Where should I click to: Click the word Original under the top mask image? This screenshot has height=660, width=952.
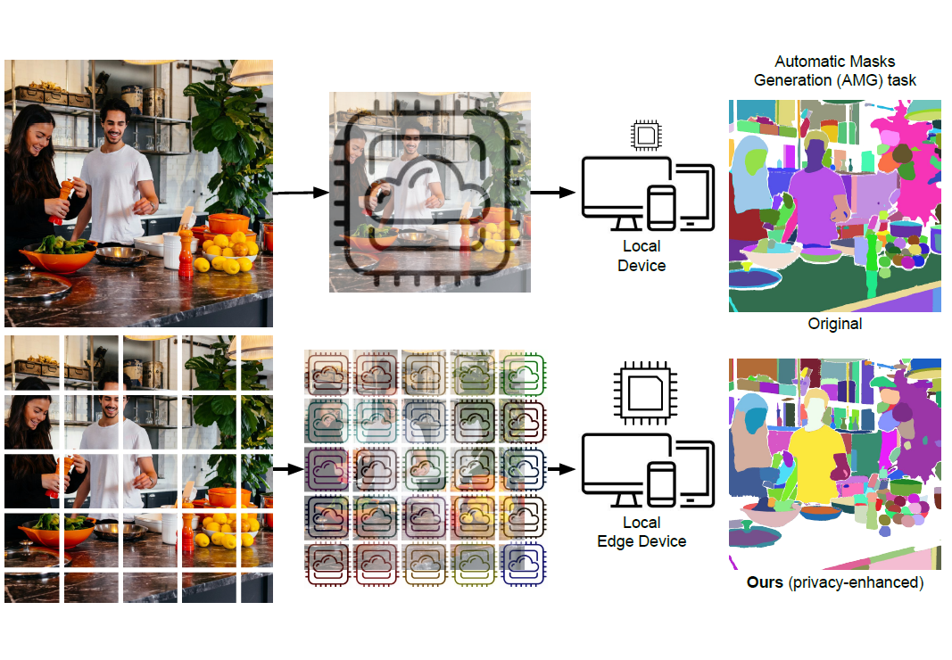pyautogui.click(x=835, y=324)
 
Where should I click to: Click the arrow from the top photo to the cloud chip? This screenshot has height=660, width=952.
pyautogui.click(x=300, y=193)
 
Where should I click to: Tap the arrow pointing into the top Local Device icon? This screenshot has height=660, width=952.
pyautogui.click(x=554, y=193)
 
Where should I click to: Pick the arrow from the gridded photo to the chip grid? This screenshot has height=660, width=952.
pyautogui.click(x=287, y=466)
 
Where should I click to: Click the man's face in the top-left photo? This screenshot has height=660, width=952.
pyautogui.click(x=111, y=120)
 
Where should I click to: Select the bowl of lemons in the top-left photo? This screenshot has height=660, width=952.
pyautogui.click(x=231, y=249)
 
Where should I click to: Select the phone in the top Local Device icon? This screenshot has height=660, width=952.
pyautogui.click(x=661, y=208)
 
